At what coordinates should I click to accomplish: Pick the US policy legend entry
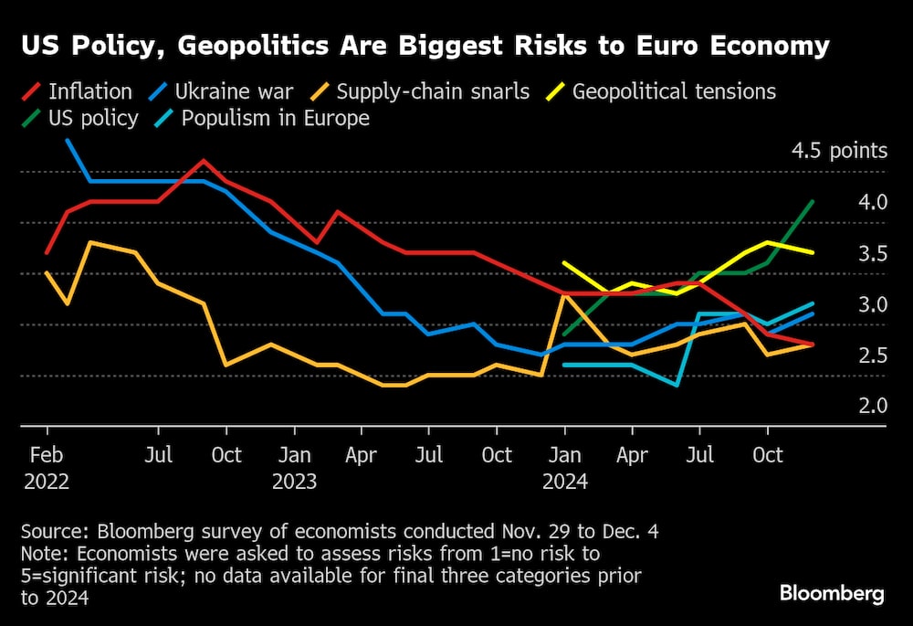[x=91, y=118]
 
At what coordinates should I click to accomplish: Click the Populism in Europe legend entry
[x=275, y=118]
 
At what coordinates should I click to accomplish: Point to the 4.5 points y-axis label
[x=839, y=151]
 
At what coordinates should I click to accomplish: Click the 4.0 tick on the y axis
[x=872, y=202]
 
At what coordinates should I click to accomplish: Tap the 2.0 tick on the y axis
[x=872, y=406]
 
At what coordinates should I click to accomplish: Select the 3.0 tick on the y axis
[x=872, y=304]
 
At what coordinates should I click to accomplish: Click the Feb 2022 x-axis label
[x=47, y=466]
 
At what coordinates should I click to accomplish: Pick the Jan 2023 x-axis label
[x=294, y=466]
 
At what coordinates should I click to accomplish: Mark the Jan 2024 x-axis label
[x=565, y=466]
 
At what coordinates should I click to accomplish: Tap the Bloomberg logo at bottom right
[x=832, y=593]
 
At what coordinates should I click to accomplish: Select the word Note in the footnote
[x=41, y=555]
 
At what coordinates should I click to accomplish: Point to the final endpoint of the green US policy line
[x=813, y=201]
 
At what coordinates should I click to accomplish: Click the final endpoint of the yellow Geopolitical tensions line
[x=813, y=253]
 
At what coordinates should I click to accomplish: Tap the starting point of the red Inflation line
[x=47, y=252]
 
